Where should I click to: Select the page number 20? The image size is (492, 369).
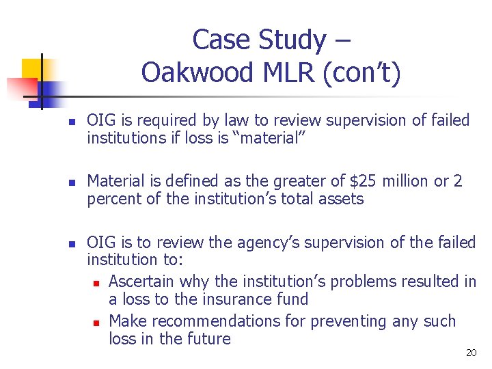[471, 353]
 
